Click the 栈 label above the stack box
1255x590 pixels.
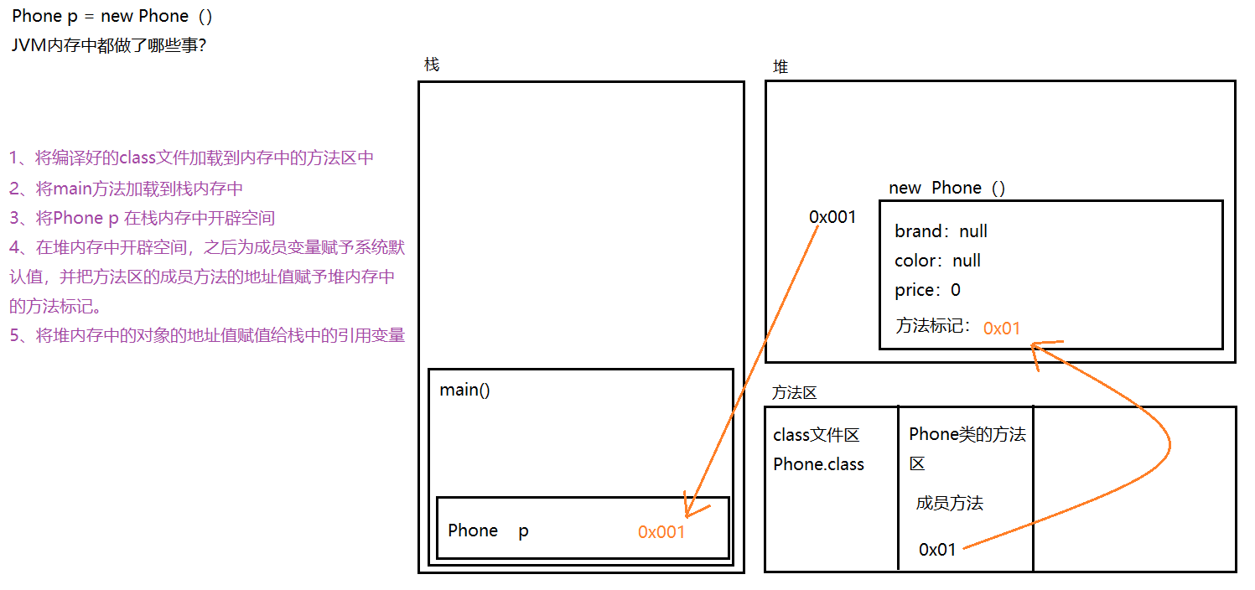click(432, 65)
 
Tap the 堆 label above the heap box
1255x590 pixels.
click(780, 67)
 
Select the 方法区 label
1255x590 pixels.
click(794, 392)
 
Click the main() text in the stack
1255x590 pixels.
click(464, 391)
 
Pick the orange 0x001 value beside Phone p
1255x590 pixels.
click(661, 531)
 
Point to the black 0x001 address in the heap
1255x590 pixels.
click(832, 217)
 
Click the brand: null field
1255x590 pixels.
click(941, 231)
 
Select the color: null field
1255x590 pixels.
click(937, 261)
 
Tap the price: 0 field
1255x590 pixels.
click(927, 290)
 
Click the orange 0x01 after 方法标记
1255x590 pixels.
click(1002, 328)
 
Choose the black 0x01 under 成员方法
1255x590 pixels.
click(937, 550)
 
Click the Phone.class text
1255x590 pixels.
click(818, 464)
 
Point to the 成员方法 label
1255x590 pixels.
click(949, 503)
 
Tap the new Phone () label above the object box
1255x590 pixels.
click(946, 188)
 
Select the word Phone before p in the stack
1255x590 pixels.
click(473, 530)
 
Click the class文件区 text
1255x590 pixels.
click(816, 435)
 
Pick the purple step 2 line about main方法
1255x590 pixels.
click(126, 189)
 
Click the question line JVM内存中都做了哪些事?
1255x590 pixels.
click(109, 45)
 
